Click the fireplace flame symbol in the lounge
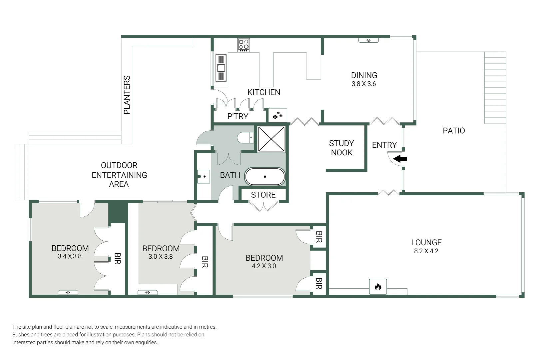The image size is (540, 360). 378,287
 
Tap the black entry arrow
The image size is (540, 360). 401,159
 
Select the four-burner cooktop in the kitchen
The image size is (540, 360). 244,45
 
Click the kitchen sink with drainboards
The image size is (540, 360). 221,68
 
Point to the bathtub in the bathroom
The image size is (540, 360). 265,177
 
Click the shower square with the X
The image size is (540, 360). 271,139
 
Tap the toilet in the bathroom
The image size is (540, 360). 246,137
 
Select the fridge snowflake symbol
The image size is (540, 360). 277,116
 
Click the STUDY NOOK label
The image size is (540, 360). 341,148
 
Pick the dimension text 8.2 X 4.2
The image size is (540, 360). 426,251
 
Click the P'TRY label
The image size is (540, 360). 238,116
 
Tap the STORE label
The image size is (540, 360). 263,195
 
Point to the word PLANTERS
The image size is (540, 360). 127,95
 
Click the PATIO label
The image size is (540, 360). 453,131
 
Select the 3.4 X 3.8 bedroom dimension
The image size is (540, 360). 69,256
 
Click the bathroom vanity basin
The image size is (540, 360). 203,176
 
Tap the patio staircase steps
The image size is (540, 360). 495,88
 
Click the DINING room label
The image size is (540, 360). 364,75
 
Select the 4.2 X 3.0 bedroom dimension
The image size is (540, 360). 264,266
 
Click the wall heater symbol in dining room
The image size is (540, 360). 368,40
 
